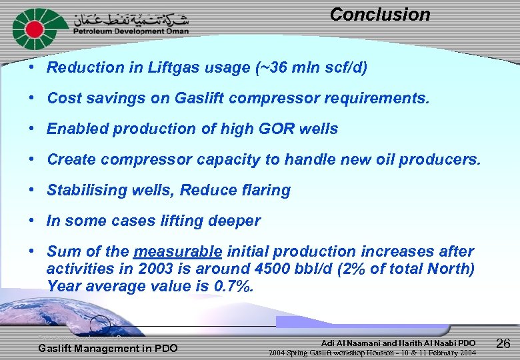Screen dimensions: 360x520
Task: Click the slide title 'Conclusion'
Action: coord(379,15)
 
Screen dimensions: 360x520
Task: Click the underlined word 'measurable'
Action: coord(177,252)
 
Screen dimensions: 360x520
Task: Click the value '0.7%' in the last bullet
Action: coord(234,287)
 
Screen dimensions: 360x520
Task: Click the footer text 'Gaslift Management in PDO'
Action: coord(108,348)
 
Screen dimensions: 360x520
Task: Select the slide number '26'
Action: coord(503,344)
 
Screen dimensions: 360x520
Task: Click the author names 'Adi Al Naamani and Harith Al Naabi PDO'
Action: coord(398,342)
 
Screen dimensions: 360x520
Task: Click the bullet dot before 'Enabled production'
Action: coord(32,129)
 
